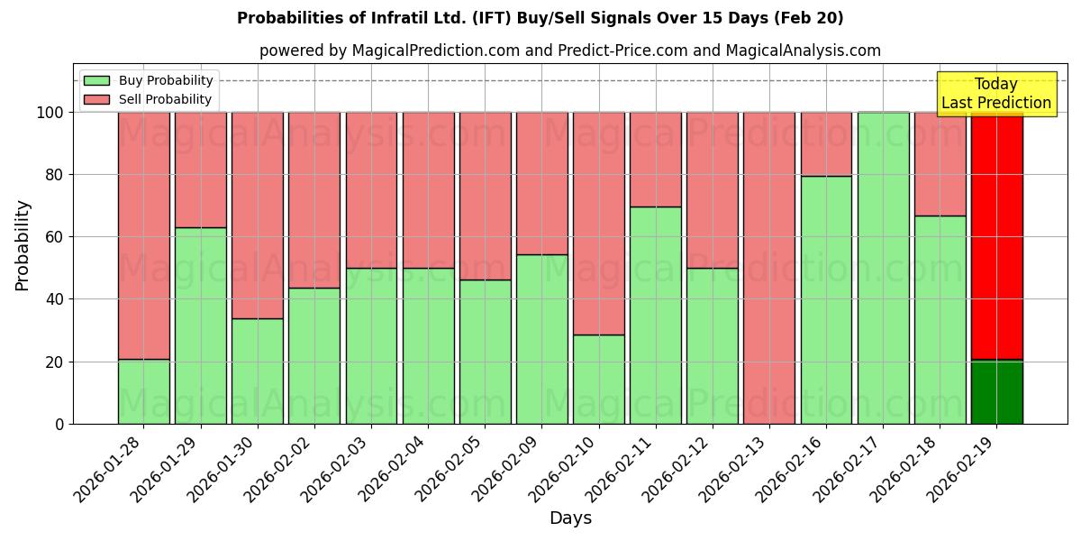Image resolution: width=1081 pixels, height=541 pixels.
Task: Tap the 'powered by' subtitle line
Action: tap(569, 50)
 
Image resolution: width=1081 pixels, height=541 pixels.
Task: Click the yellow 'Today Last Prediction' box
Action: tap(995, 94)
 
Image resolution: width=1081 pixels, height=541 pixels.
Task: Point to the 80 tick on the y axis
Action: tap(56, 175)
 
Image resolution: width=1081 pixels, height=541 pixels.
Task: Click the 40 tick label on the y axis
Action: tap(56, 299)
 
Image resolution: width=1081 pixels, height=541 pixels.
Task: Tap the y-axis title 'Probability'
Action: tap(23, 245)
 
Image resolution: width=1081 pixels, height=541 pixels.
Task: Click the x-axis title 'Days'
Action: tap(570, 518)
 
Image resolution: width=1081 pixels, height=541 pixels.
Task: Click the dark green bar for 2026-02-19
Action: tap(996, 392)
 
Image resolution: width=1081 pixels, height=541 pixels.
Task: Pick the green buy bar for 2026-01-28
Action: tap(144, 392)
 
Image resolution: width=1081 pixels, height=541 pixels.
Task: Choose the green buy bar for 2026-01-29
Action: tap(201, 326)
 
